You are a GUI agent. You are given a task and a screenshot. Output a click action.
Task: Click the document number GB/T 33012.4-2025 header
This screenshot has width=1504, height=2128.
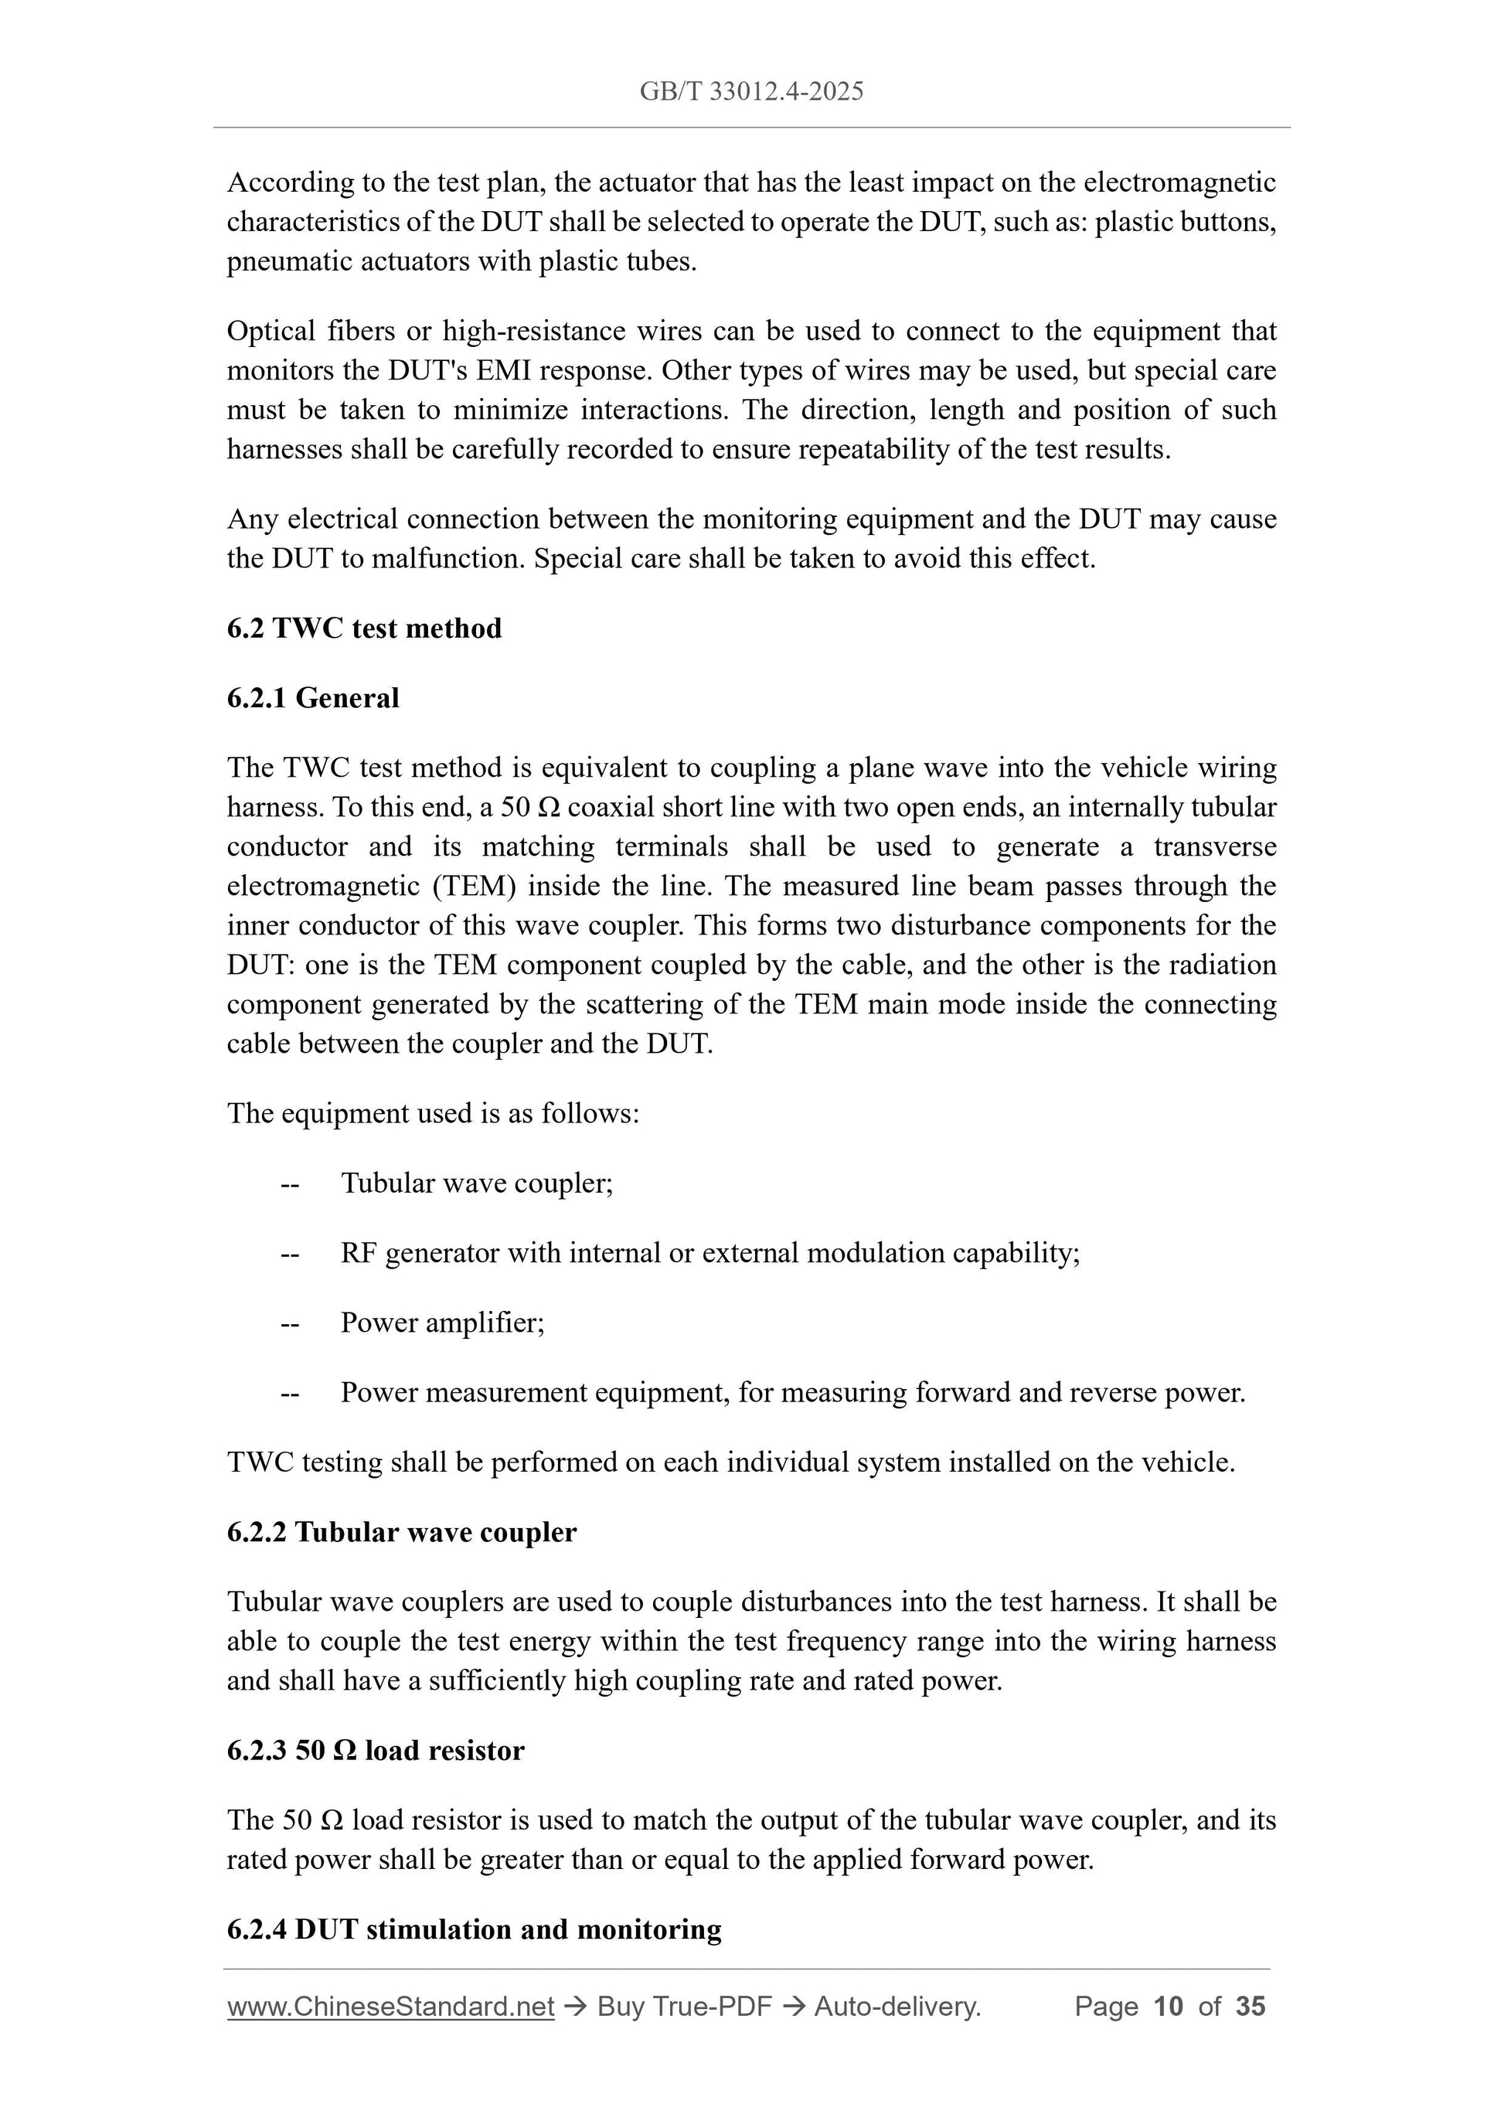[751, 91]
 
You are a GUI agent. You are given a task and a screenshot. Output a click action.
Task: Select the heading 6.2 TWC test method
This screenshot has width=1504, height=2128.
[364, 628]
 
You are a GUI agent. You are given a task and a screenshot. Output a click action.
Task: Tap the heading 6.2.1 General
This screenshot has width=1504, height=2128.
[313, 698]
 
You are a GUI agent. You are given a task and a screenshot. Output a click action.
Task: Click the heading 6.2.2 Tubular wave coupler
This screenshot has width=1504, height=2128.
[401, 1532]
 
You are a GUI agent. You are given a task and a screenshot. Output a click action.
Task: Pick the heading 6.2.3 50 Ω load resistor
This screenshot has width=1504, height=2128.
[376, 1750]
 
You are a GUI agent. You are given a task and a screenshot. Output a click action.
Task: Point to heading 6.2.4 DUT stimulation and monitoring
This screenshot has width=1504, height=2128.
[474, 1929]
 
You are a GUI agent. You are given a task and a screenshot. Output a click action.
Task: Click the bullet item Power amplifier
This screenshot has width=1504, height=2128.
[442, 1322]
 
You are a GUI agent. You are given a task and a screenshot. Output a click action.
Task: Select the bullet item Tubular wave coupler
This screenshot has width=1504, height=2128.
[476, 1183]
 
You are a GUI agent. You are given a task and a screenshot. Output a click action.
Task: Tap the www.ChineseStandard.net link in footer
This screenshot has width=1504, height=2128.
[390, 2007]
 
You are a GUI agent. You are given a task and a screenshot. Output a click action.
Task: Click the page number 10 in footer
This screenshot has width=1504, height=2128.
[1169, 2007]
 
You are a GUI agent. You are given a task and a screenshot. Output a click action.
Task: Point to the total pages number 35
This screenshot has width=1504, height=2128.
[1250, 2007]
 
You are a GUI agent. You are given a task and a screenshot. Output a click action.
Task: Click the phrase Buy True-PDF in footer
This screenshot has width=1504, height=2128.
[684, 2007]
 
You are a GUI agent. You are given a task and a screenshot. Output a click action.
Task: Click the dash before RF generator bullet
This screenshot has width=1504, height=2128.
[290, 1253]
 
